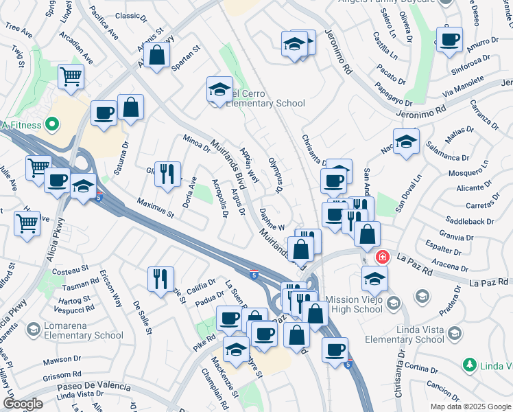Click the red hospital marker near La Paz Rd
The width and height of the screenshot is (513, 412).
[x=383, y=257]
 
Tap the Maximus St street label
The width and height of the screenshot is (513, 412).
[x=156, y=208]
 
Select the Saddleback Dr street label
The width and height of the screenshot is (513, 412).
[x=470, y=222]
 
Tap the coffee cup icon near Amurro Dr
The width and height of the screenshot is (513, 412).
[x=450, y=41]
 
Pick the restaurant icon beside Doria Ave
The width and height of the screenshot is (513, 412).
[x=167, y=174]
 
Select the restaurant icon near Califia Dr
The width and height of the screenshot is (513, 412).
[x=160, y=278]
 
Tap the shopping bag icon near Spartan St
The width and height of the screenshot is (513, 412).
[x=156, y=56]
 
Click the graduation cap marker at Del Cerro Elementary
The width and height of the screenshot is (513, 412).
[x=219, y=89]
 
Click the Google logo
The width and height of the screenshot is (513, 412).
[x=23, y=404]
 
